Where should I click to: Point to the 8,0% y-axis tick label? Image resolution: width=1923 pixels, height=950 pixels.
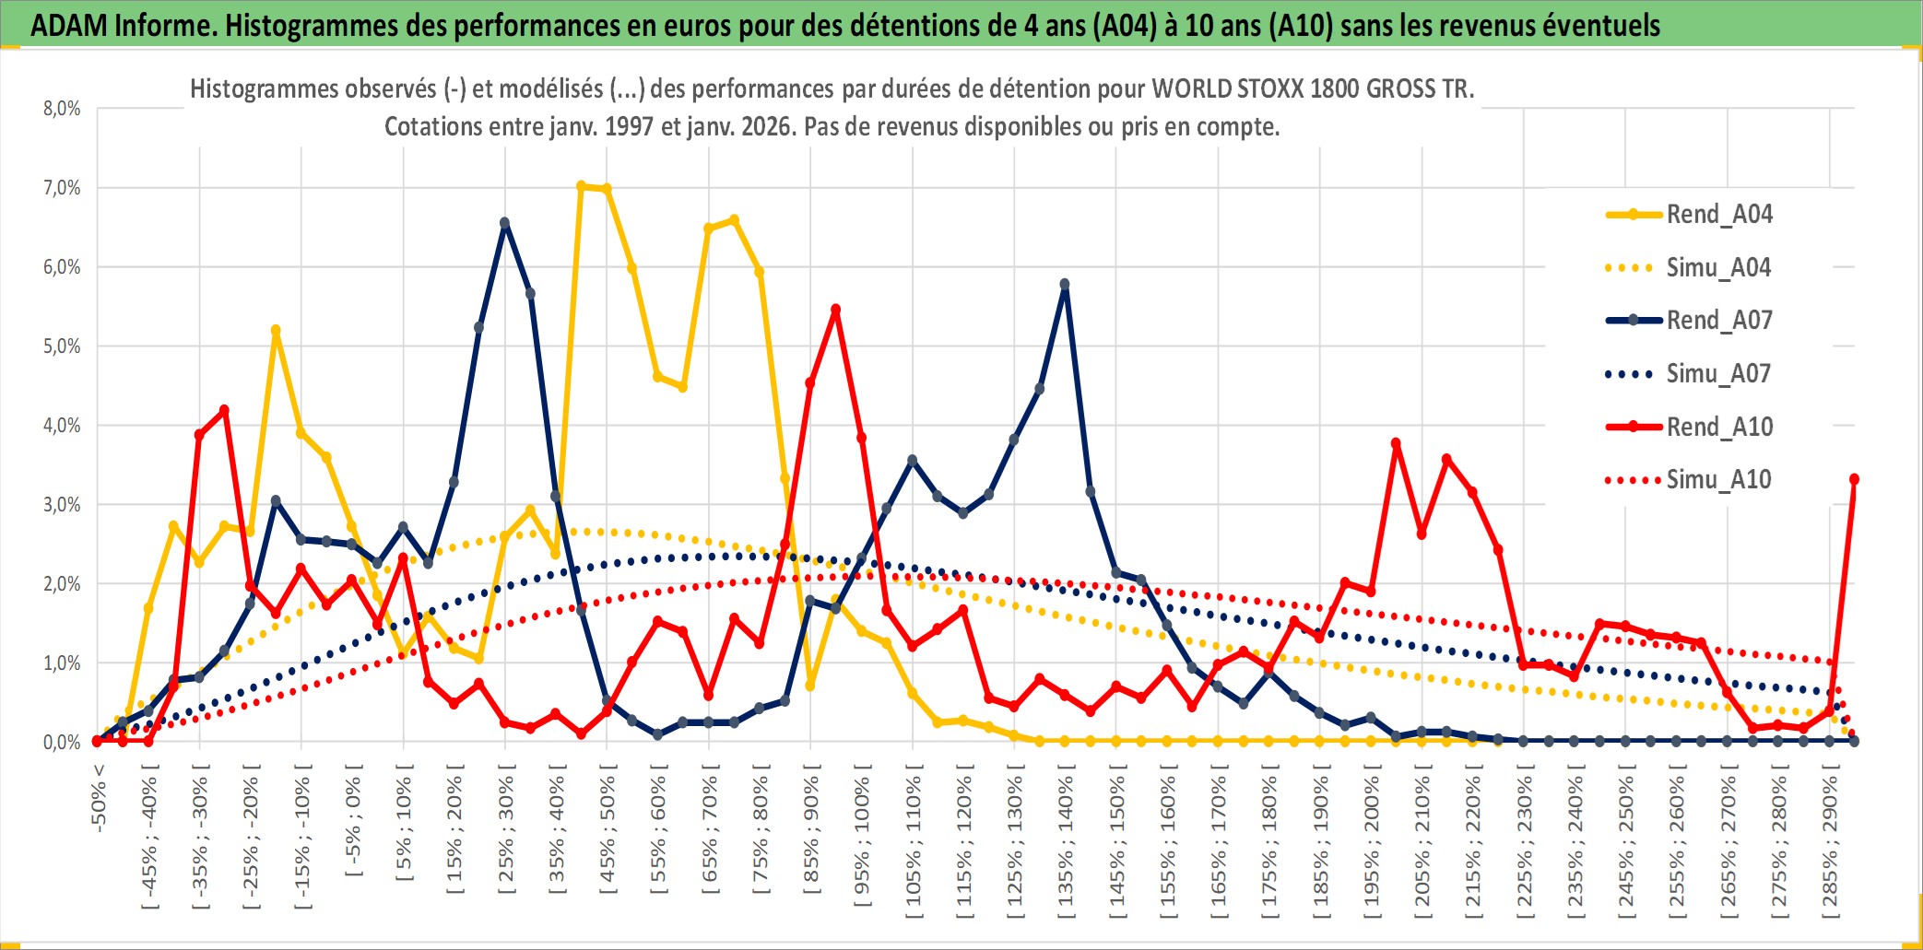(62, 109)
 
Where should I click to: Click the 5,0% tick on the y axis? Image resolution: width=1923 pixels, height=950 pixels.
(62, 346)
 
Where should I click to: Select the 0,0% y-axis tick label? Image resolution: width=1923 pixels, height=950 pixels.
(62, 743)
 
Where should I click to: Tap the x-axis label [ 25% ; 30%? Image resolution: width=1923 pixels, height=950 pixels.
(505, 834)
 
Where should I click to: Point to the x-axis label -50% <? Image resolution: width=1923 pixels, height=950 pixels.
(99, 798)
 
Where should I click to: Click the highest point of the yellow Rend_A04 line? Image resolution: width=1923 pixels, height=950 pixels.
(581, 186)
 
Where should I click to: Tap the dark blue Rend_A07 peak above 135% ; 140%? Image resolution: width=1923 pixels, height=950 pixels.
(1065, 285)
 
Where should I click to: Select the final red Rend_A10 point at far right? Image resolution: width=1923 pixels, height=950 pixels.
(1854, 479)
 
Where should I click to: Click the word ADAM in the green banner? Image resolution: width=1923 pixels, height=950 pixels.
(69, 25)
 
